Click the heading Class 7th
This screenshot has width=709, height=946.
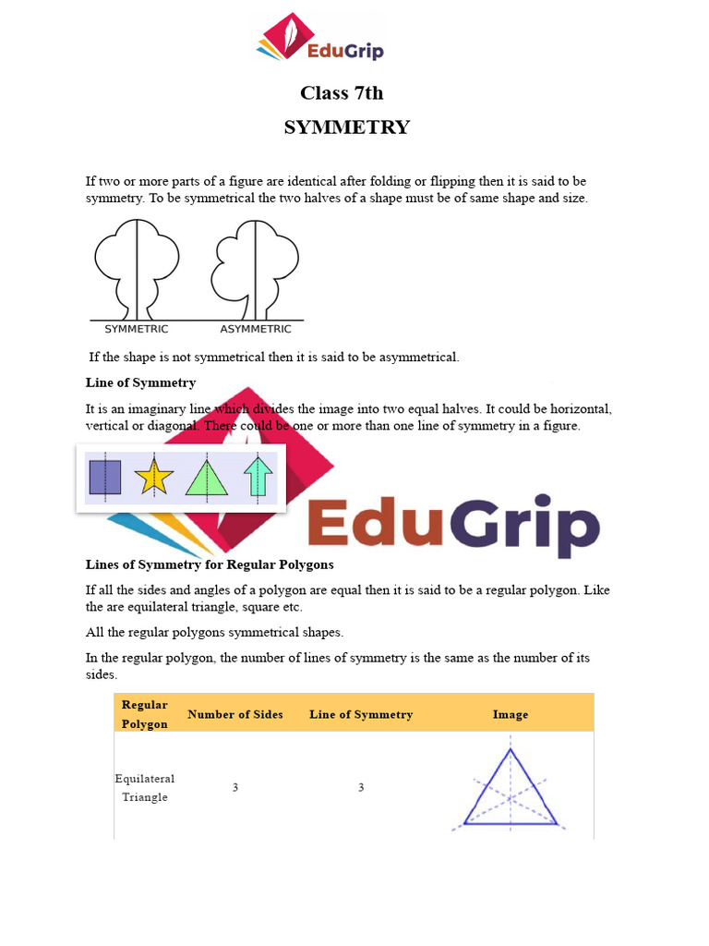coord(342,93)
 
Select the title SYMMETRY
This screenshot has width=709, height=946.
coord(346,127)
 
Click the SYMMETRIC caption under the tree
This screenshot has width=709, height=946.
coord(137,329)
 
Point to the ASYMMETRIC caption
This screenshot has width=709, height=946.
coord(255,329)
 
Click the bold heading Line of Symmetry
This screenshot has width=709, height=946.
coord(140,382)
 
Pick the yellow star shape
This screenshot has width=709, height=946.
coord(153,479)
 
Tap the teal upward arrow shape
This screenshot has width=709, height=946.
coord(259,478)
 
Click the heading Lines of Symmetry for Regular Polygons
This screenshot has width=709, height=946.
coord(210,564)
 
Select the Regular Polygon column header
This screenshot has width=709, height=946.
coord(145,714)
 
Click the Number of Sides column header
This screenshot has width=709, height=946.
coord(235,714)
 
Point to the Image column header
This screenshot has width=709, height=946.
coord(511,714)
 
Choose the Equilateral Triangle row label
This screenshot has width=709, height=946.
coord(145,788)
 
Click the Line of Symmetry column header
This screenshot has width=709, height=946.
coord(361,714)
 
